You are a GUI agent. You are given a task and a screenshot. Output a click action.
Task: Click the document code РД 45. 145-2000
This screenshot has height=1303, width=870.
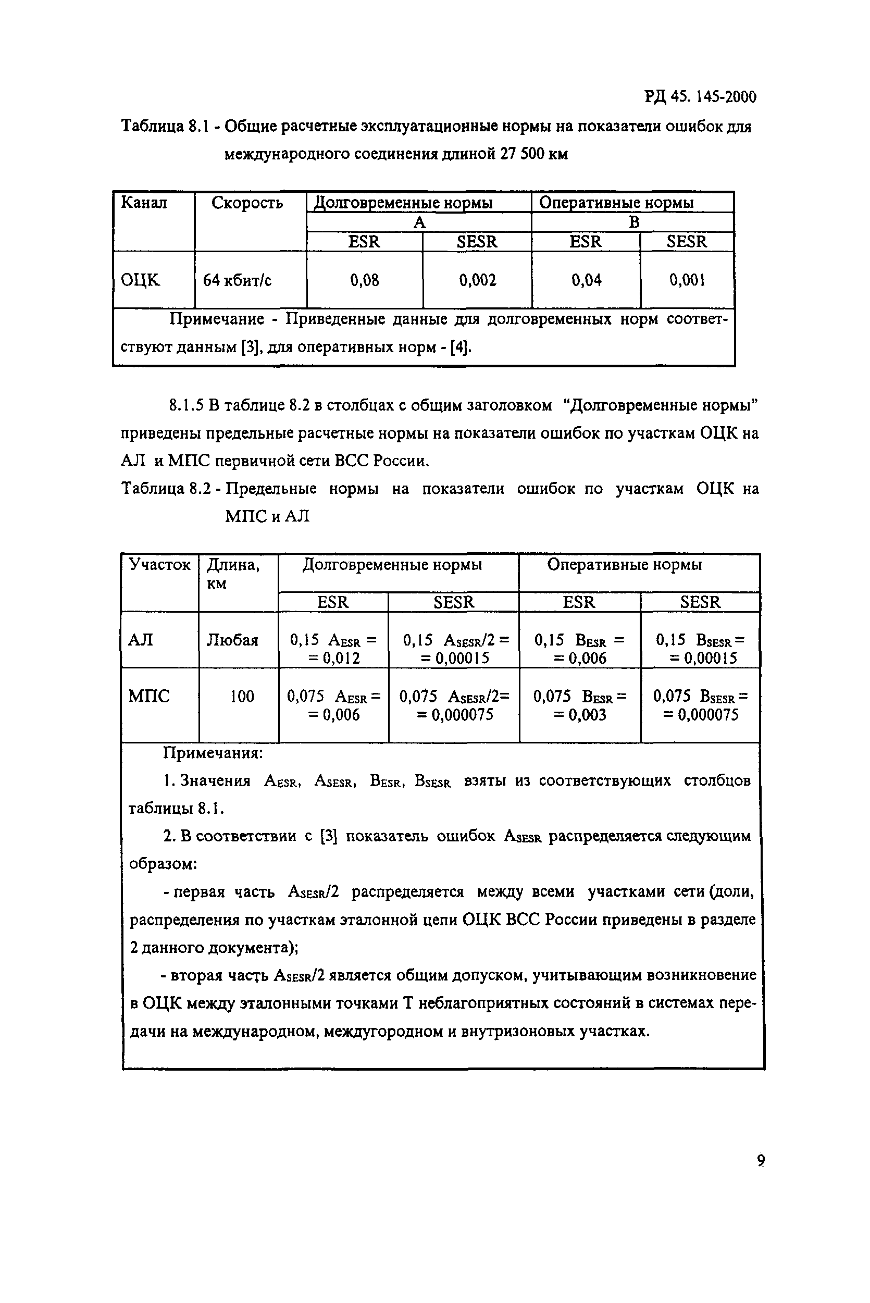pyautogui.click(x=700, y=97)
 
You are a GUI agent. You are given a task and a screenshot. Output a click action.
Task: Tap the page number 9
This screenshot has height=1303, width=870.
pyautogui.click(x=761, y=1161)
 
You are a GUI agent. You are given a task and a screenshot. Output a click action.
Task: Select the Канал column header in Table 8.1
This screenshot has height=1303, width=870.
pyautogui.click(x=144, y=203)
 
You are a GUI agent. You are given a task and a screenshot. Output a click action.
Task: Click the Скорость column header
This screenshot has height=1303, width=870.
pyautogui.click(x=247, y=204)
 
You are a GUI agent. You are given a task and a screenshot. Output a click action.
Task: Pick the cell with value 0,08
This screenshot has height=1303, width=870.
pyautogui.click(x=364, y=280)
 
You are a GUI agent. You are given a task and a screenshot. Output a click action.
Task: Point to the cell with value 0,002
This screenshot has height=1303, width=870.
pyautogui.click(x=477, y=280)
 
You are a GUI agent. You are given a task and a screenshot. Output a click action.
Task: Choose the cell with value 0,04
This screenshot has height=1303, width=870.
pyautogui.click(x=586, y=280)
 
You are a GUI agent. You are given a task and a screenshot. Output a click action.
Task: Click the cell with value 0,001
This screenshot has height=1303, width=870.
pyautogui.click(x=687, y=280)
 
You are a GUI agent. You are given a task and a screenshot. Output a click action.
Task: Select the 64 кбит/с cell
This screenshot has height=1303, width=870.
pyautogui.click(x=237, y=281)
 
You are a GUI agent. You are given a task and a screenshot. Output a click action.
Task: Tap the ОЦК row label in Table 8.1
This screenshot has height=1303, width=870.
pyautogui.click(x=140, y=281)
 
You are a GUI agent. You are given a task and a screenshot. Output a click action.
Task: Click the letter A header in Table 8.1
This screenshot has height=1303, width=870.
pyautogui.click(x=419, y=222)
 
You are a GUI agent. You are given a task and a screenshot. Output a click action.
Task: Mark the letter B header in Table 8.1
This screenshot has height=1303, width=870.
pyautogui.click(x=633, y=222)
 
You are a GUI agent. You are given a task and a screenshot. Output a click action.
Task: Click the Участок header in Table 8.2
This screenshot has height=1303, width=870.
pyautogui.click(x=159, y=565)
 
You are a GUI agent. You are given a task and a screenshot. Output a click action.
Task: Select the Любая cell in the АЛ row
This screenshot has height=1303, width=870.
pyautogui.click(x=232, y=641)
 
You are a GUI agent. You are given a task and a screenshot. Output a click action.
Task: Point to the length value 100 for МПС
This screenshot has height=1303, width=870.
pyautogui.click(x=242, y=697)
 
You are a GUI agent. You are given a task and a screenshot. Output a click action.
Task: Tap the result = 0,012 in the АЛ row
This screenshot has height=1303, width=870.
pyautogui.click(x=334, y=659)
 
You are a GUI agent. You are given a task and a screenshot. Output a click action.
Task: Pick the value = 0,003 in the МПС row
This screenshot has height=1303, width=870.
pyautogui.click(x=580, y=715)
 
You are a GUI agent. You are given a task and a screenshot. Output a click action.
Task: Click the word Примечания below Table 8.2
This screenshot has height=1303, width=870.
pyautogui.click(x=213, y=753)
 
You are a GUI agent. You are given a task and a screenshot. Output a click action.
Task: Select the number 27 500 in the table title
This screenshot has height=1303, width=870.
pyautogui.click(x=522, y=154)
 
